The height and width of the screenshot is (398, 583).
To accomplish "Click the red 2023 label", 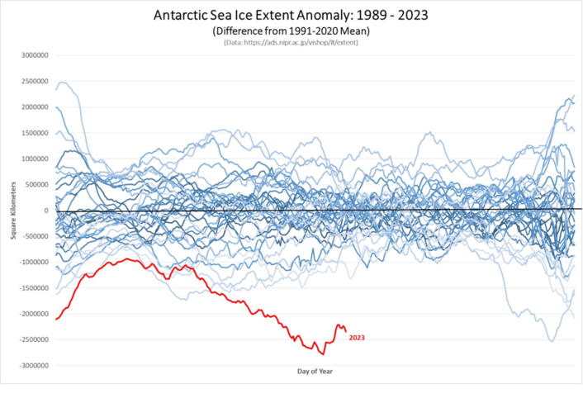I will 357,337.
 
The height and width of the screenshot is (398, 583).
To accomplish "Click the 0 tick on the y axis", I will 48,211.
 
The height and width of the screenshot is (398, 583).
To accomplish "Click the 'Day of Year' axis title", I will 315,372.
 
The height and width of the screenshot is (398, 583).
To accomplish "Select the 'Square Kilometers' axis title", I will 14,211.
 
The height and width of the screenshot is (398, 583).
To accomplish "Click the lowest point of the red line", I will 323,353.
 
